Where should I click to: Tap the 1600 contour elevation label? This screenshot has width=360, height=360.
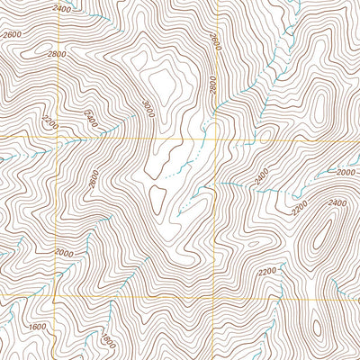pyautogui.click(x=37, y=327)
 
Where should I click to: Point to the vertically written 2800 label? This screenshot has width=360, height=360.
pyautogui.click(x=213, y=84)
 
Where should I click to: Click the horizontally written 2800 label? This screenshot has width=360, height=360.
pyautogui.click(x=57, y=54)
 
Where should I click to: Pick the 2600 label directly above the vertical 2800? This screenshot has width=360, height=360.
pyautogui.click(x=214, y=40)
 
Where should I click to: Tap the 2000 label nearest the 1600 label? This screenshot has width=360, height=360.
pyautogui.click(x=63, y=253)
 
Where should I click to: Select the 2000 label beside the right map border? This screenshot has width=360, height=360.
pyautogui.click(x=346, y=170)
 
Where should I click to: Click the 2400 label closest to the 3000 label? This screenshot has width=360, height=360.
pyautogui.click(x=91, y=117)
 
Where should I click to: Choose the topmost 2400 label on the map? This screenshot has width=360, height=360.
pyautogui.click(x=61, y=9)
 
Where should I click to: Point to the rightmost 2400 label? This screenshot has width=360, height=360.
pyautogui.click(x=337, y=203)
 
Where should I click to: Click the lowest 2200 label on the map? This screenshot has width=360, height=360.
pyautogui.click(x=266, y=271)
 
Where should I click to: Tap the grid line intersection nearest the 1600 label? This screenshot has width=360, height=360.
pyautogui.click(x=56, y=296)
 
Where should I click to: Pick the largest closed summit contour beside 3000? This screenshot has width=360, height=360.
pyautogui.click(x=163, y=81)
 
